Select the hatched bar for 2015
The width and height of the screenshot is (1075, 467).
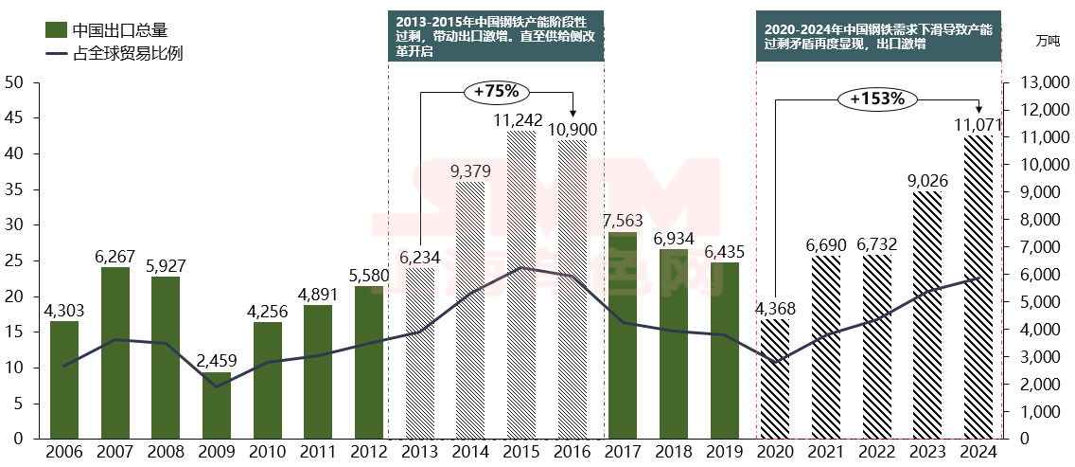tap(521, 284)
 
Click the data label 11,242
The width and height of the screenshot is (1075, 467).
tap(519, 120)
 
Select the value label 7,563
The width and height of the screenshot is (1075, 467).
tap(624, 220)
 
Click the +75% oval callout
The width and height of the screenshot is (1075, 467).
tap(497, 92)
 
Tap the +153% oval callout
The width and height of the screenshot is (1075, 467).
tap(877, 99)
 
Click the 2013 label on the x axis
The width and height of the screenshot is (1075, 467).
tap(419, 453)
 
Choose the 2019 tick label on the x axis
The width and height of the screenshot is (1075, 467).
tap(724, 453)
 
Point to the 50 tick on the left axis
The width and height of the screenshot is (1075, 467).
tap(14, 82)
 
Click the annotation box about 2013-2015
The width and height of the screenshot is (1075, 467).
tap(496, 36)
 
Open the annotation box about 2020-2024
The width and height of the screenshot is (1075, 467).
tap(878, 36)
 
